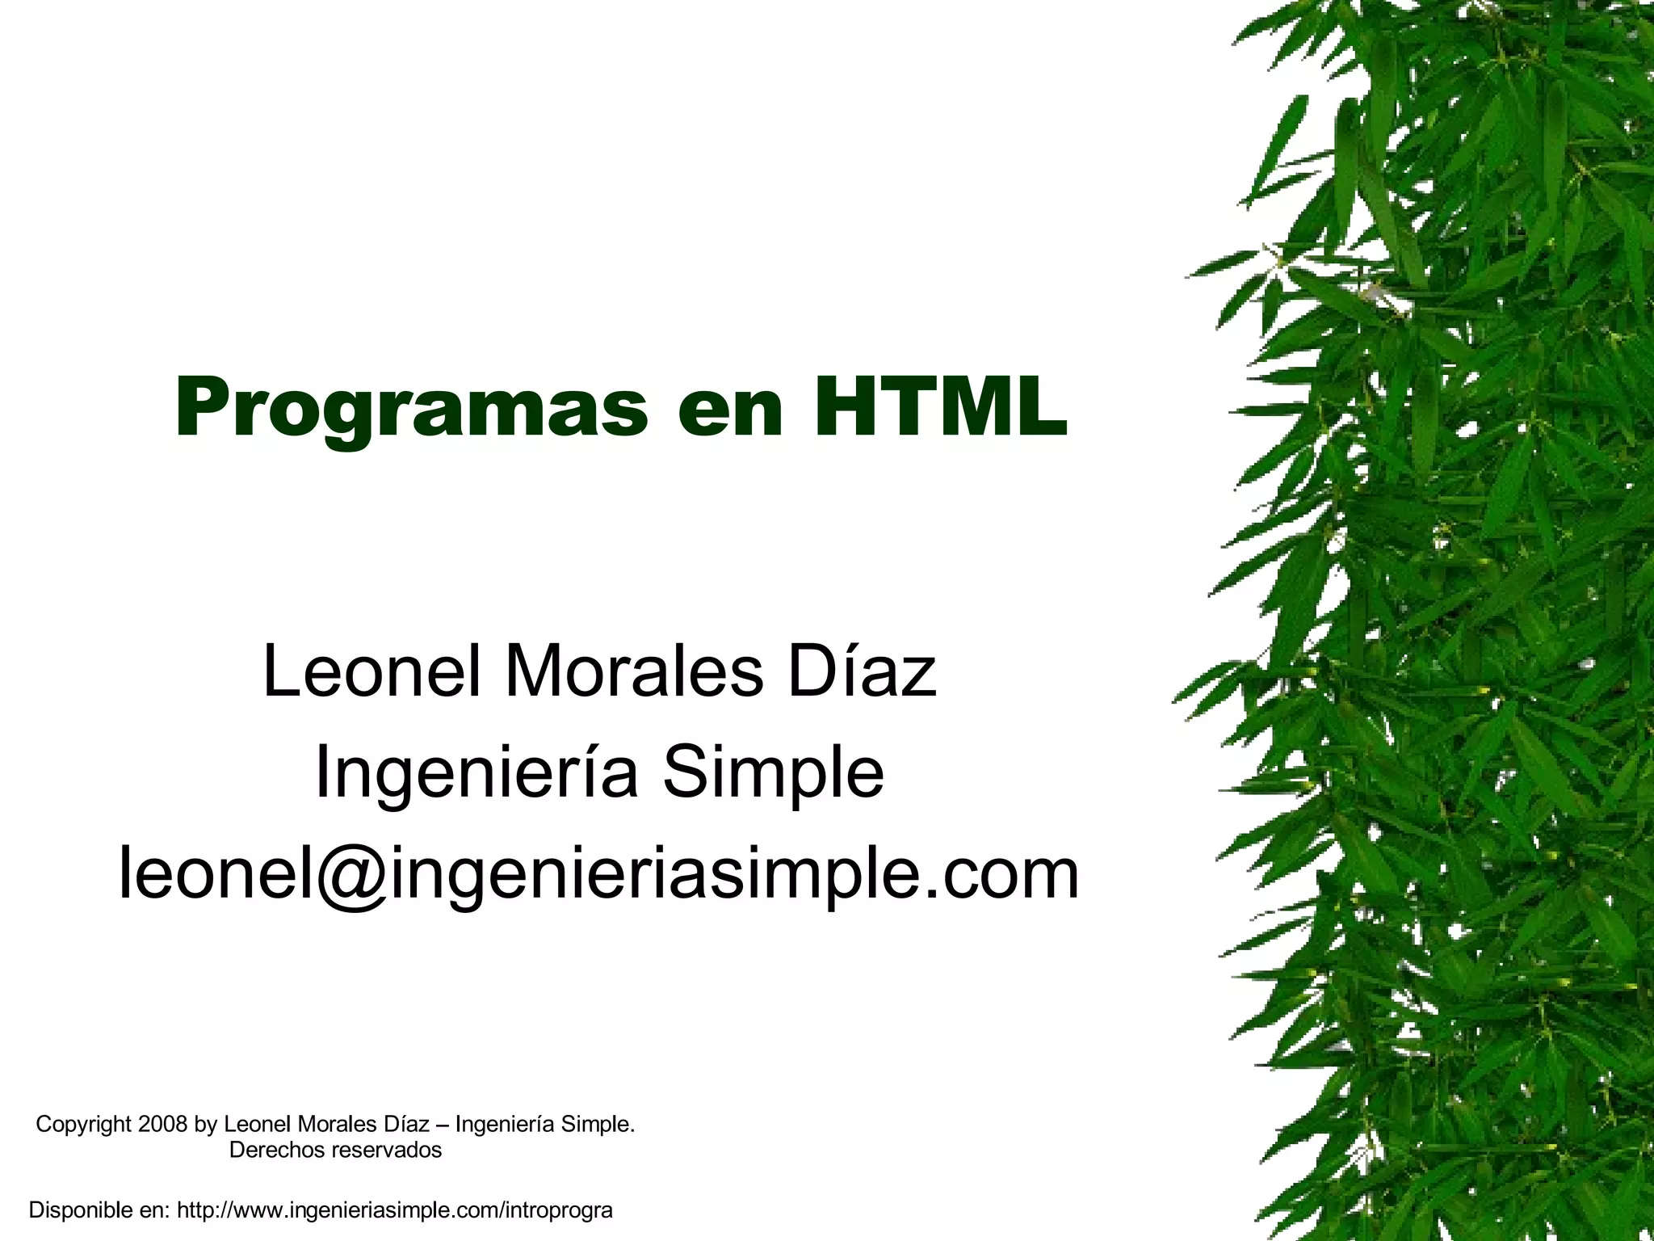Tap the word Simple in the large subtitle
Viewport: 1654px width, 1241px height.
773,773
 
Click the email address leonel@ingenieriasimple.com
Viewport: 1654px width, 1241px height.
598,874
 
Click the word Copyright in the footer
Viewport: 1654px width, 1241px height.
83,1124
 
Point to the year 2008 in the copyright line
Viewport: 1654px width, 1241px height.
163,1124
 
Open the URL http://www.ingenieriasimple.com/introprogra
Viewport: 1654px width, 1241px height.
395,1210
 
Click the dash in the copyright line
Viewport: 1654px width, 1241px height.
442,1124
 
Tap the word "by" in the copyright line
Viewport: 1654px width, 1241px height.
205,1125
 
